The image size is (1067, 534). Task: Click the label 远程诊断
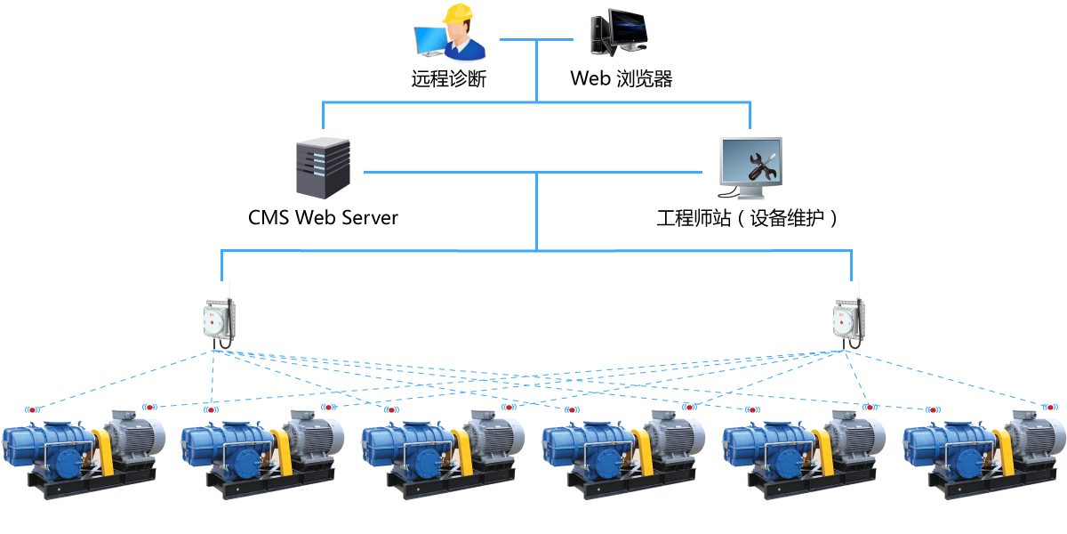coord(449,78)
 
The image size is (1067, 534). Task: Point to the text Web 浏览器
coord(621,78)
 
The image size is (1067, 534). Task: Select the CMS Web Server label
coord(323,217)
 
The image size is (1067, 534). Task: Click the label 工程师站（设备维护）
coord(747,217)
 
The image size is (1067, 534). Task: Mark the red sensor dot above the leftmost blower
coord(33,410)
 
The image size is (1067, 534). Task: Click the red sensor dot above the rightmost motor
coord(1050,407)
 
